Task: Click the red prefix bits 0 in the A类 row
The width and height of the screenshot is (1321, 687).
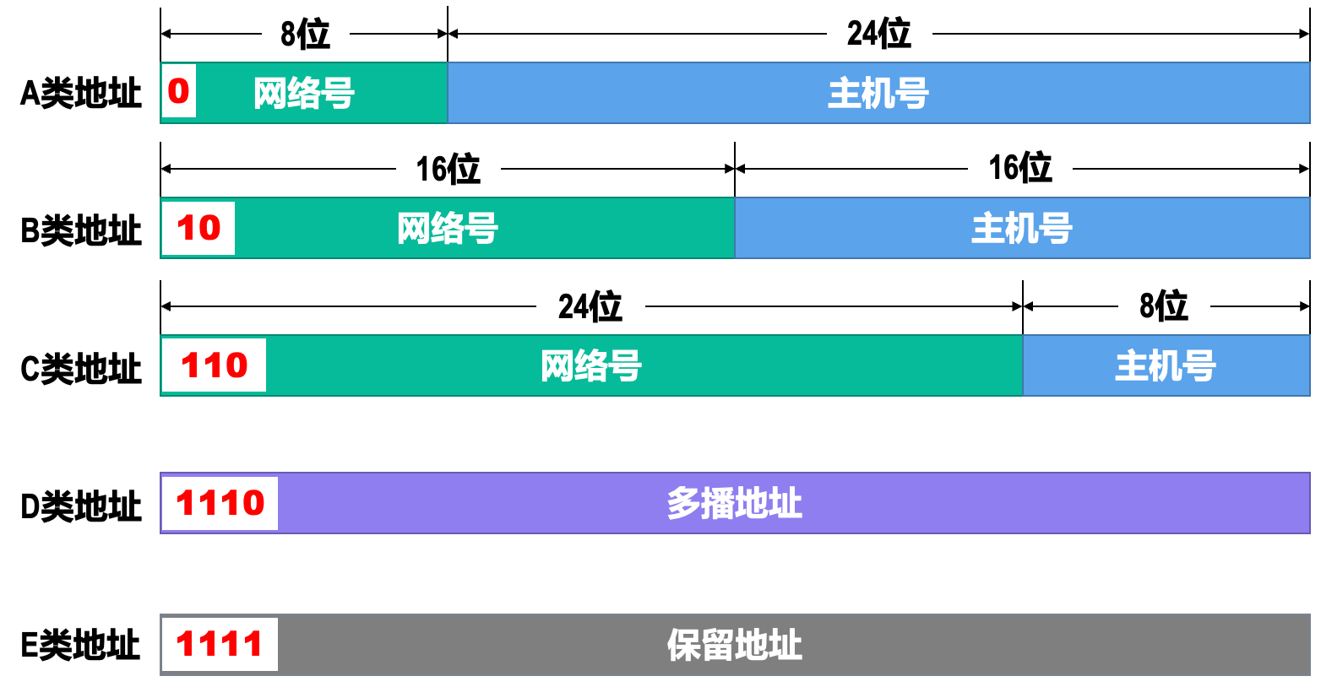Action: (x=178, y=91)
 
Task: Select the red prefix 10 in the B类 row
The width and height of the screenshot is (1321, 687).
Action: (x=198, y=228)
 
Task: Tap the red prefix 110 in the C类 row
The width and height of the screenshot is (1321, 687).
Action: (x=215, y=365)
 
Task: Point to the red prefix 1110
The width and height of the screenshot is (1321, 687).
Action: (x=220, y=503)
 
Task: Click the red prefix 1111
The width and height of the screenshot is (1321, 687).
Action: (x=220, y=644)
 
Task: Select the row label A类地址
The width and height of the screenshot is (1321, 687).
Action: (x=81, y=93)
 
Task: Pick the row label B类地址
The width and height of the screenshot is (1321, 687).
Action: (x=81, y=230)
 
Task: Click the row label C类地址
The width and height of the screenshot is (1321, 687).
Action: (x=81, y=368)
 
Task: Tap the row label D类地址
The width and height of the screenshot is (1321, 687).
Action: (x=81, y=506)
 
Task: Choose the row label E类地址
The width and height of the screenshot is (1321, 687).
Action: (x=81, y=645)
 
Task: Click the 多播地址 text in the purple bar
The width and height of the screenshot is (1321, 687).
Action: (x=734, y=503)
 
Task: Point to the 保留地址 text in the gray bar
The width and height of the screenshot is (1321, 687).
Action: (x=734, y=645)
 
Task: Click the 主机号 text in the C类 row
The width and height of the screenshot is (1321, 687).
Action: (x=1165, y=366)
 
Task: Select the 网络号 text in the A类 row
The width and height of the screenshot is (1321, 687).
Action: (x=304, y=93)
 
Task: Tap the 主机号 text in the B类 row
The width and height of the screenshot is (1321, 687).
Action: (x=1021, y=229)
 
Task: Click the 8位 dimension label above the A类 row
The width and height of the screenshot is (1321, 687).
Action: (x=305, y=34)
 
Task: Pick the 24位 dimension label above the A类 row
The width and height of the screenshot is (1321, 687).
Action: (x=878, y=34)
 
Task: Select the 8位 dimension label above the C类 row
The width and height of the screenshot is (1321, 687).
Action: (x=1163, y=306)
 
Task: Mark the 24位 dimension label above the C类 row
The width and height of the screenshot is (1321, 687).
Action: (x=590, y=306)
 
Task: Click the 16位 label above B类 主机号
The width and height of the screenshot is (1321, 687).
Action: (x=1020, y=168)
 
